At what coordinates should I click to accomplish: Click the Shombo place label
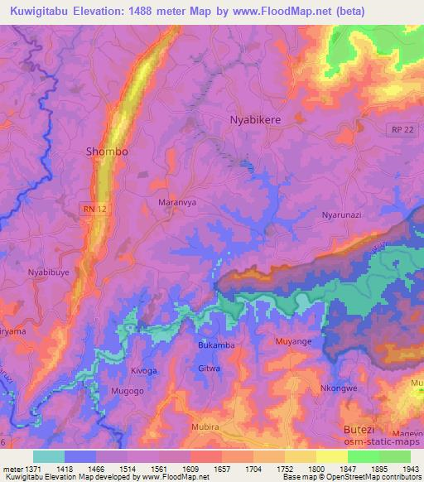point(108,152)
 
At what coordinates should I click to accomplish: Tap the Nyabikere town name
point(255,120)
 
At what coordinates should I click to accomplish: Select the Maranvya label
point(176,201)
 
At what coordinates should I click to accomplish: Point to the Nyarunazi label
point(344,215)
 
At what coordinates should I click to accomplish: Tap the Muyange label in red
point(294,340)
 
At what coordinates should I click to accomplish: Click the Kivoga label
point(143,370)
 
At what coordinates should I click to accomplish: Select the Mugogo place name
point(128,388)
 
